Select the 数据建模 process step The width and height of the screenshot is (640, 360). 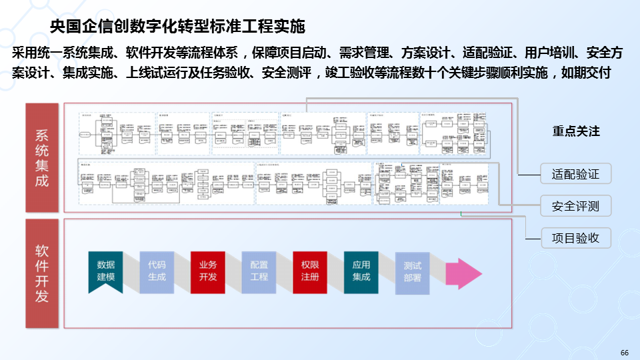pos(106,270)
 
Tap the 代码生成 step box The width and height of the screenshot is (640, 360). pos(157,270)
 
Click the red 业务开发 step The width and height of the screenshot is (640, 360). pos(208,270)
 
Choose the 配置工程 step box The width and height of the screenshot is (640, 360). pos(259,270)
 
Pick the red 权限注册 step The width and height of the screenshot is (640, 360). pos(310,270)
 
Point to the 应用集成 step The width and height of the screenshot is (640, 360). pos(361,270)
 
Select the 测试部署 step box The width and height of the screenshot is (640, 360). pos(412,270)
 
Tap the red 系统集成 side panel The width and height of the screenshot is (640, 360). pos(42,157)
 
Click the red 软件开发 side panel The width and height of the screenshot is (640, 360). pos(42,273)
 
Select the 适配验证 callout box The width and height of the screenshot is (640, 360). pos(575,175)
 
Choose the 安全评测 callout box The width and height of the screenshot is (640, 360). pos(575,206)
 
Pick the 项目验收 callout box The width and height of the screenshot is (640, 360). pos(575,237)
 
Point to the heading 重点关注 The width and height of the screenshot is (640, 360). pos(576,132)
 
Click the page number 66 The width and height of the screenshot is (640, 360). pos(624,352)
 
